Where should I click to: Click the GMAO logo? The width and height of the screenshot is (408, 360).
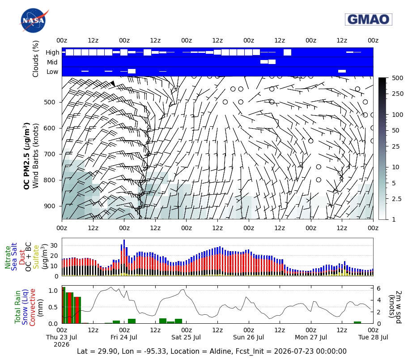click(x=369, y=20)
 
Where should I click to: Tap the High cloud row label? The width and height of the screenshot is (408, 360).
click(x=52, y=52)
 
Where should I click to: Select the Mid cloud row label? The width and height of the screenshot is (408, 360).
click(x=52, y=62)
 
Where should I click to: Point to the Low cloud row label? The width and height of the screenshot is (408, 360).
click(x=52, y=72)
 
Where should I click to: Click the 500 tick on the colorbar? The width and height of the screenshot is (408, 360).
click(x=397, y=78)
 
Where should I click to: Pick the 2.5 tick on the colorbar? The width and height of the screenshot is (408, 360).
click(x=396, y=199)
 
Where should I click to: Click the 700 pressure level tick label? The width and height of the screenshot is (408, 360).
click(x=50, y=154)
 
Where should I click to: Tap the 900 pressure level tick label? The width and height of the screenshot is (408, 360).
click(x=50, y=206)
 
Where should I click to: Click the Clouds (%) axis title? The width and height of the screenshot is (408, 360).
click(x=35, y=59)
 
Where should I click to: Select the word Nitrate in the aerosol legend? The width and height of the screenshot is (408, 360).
click(x=8, y=257)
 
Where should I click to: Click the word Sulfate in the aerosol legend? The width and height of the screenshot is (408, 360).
click(x=36, y=257)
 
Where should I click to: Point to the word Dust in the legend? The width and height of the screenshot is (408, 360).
click(x=21, y=257)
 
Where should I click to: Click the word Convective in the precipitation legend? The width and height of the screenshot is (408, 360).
click(x=32, y=307)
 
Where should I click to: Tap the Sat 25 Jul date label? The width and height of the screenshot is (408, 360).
click(x=186, y=337)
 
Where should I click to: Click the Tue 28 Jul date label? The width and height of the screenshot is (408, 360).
click(x=373, y=337)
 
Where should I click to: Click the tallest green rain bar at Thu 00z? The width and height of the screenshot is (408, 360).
click(x=64, y=305)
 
